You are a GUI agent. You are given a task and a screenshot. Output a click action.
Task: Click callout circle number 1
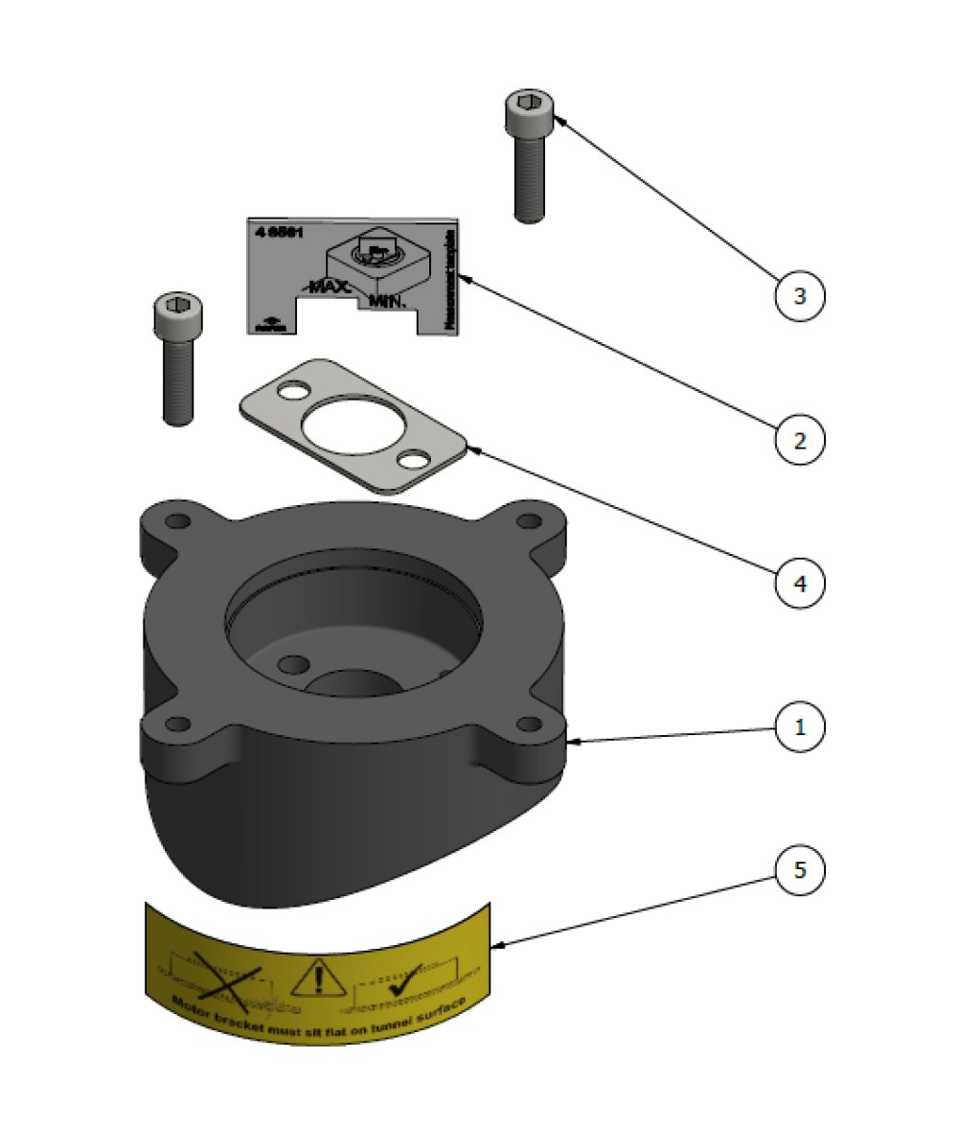(799, 726)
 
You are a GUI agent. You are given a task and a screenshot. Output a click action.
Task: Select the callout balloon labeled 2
(799, 440)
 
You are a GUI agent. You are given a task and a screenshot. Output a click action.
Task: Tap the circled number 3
(799, 297)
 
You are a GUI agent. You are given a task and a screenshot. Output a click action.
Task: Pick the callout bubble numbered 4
(799, 582)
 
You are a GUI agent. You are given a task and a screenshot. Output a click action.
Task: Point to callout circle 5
(799, 871)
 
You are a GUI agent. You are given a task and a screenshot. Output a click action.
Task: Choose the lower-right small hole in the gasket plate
(414, 461)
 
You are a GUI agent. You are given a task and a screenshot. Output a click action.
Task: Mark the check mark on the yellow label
(396, 980)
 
